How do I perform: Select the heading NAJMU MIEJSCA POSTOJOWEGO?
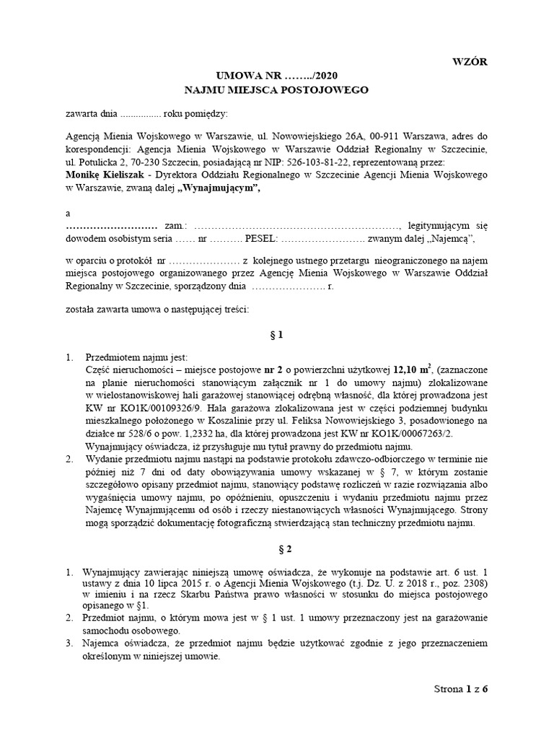[x=276, y=90]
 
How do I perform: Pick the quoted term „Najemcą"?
[x=453, y=239]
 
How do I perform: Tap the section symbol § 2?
[x=277, y=549]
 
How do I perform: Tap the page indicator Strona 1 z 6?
[x=461, y=688]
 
